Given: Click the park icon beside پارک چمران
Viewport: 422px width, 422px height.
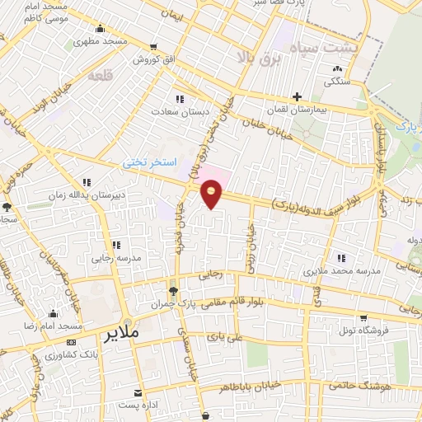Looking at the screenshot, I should pos(172,292).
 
